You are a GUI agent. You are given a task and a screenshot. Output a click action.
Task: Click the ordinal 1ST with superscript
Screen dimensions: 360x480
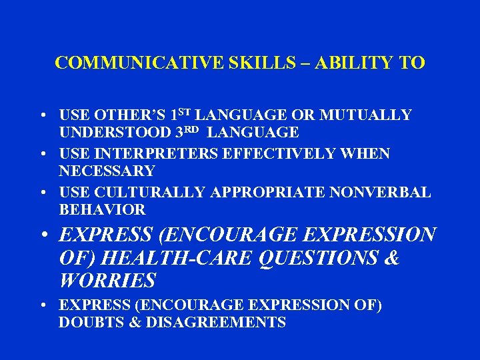click(x=182, y=115)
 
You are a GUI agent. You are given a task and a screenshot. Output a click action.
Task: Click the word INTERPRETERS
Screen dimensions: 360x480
click(x=152, y=154)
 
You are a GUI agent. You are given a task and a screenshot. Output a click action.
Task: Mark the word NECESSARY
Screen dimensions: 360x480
click(x=107, y=171)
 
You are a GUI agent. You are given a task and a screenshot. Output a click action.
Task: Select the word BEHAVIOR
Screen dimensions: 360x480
click(x=101, y=210)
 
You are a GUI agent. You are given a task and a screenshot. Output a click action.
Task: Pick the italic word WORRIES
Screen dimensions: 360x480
click(x=107, y=280)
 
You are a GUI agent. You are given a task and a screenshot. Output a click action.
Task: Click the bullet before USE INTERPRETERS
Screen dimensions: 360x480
click(x=42, y=155)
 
